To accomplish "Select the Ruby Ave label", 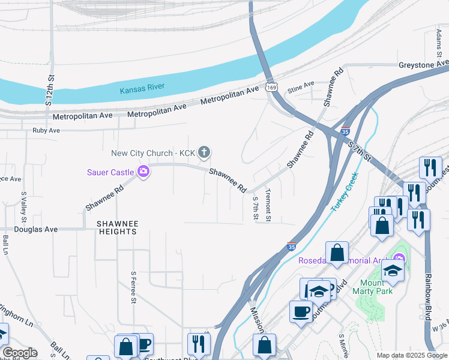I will tap(46, 130).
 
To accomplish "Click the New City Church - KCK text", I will tap(153, 153).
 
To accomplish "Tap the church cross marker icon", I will tap(204, 152).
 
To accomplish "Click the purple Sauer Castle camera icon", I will tap(143, 172).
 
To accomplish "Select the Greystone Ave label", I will tap(423, 64).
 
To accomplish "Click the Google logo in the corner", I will tap(19, 353).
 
